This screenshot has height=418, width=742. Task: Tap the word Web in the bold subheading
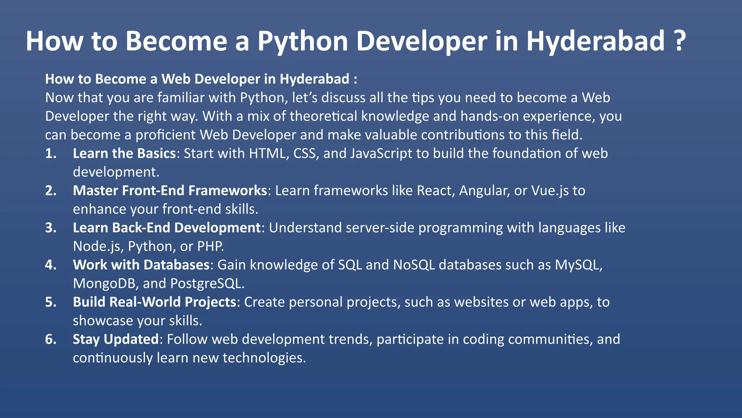pos(175,79)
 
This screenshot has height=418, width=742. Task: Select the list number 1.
pos(50,153)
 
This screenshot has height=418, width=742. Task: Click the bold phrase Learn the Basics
pos(124,153)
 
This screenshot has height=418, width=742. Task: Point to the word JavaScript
pos(381,153)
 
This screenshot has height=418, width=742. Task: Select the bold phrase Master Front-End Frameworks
pos(170,191)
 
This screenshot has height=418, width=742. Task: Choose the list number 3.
pos(50,228)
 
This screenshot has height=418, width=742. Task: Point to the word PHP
pos(210,247)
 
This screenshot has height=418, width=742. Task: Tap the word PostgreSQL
pos(207,284)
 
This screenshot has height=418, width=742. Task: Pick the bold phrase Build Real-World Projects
pos(155,302)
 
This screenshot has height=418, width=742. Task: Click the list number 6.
pos(50,340)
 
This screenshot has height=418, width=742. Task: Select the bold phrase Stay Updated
pos(116,340)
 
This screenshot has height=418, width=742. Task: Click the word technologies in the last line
pos(264,358)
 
